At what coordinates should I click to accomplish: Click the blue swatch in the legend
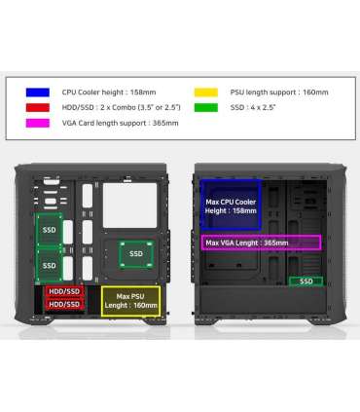point(35,92)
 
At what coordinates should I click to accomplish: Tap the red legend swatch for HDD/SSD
point(35,108)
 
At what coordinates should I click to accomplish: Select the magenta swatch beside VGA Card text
point(35,125)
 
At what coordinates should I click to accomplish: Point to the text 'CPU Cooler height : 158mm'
point(104,92)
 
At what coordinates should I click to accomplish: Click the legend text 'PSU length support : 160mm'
point(277,92)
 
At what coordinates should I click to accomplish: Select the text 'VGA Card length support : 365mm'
point(118,125)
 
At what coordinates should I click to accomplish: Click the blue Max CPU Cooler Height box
point(231,206)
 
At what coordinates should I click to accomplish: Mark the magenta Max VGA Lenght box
point(261,243)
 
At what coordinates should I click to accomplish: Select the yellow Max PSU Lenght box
point(130,300)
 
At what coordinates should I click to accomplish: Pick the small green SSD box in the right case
point(306,281)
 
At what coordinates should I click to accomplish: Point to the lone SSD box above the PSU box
point(133,254)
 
